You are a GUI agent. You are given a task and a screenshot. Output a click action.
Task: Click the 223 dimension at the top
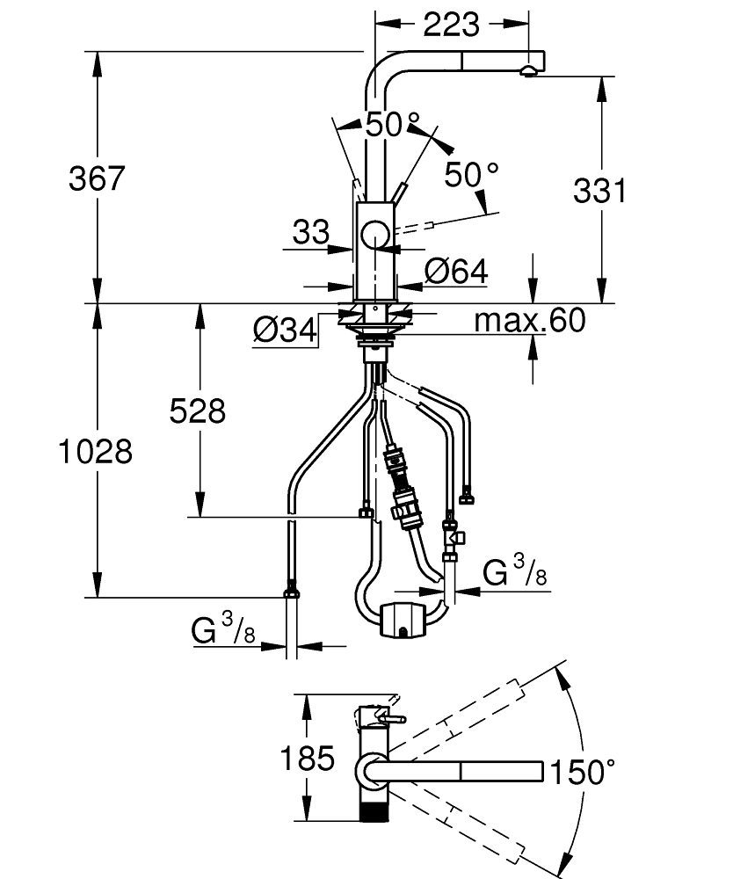pyautogui.click(x=451, y=24)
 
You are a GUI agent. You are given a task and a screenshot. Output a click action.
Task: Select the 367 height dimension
pyautogui.click(x=98, y=178)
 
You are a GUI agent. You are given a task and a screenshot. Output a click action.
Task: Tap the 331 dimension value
pyautogui.click(x=599, y=190)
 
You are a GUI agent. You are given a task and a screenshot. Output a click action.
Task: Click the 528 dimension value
pyautogui.click(x=197, y=410)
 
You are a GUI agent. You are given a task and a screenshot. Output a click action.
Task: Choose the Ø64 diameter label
pyautogui.click(x=454, y=272)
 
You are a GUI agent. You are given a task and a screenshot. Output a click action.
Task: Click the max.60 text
pyautogui.click(x=528, y=321)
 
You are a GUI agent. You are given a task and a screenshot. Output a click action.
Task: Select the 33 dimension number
pyautogui.click(x=309, y=233)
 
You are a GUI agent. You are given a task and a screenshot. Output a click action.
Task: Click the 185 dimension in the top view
pyautogui.click(x=308, y=758)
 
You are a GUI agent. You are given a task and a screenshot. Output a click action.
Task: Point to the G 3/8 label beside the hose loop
pyautogui.click(x=514, y=574)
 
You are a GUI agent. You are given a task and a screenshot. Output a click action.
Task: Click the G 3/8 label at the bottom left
pyautogui.click(x=223, y=629)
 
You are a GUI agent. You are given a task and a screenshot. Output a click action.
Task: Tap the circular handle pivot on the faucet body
pyautogui.click(x=374, y=235)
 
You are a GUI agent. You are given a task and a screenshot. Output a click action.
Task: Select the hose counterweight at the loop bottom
pyautogui.click(x=403, y=619)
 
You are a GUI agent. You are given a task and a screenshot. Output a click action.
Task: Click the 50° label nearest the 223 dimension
pyautogui.click(x=392, y=124)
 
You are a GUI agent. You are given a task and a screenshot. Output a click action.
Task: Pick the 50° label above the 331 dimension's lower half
pyautogui.click(x=470, y=175)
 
